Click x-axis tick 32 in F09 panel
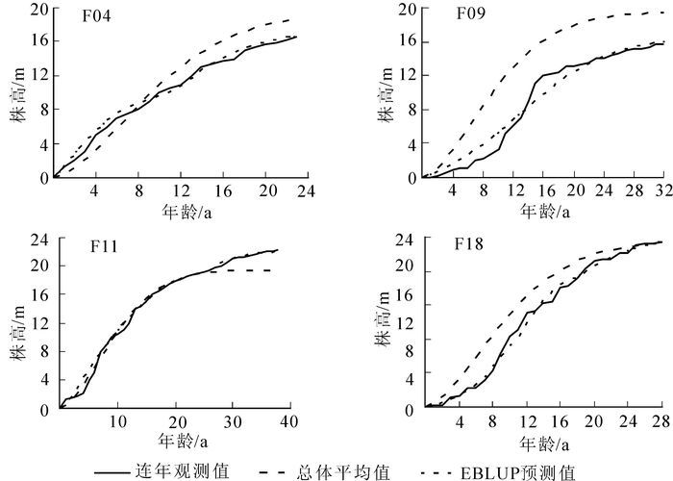click(662, 191)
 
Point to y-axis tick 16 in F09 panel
click(403, 43)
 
